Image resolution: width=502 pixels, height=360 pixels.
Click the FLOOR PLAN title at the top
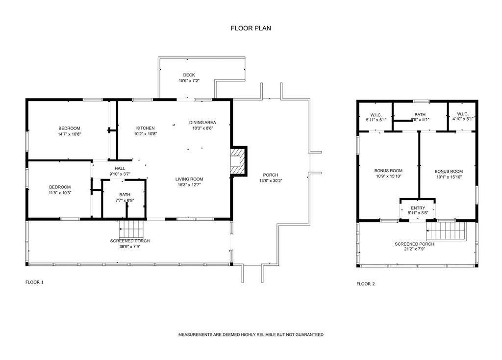click(x=251, y=28)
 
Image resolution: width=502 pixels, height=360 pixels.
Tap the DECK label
click(x=189, y=75)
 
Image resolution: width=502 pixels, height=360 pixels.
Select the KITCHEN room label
click(x=145, y=128)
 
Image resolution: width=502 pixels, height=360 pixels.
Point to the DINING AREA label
click(x=202, y=122)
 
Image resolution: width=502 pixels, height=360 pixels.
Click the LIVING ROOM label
click(x=189, y=179)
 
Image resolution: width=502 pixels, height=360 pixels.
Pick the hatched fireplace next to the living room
click(x=237, y=161)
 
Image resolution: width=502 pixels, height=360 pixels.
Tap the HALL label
click(x=120, y=168)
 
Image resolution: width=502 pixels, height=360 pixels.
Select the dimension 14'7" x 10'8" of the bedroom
click(x=69, y=134)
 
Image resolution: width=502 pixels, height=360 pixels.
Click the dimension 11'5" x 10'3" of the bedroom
click(x=60, y=193)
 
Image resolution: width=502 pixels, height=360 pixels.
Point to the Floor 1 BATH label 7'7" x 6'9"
click(x=125, y=195)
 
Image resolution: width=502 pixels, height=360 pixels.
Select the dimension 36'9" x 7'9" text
click(x=130, y=247)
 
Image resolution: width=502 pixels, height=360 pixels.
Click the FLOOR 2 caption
click(x=365, y=283)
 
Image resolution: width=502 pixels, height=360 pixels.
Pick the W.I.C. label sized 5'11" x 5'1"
click(x=376, y=115)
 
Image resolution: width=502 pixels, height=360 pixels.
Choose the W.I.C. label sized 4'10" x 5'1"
click(x=462, y=115)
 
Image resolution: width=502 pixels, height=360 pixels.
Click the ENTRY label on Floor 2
click(x=418, y=208)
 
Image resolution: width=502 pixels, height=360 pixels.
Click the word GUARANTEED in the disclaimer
click(x=308, y=334)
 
